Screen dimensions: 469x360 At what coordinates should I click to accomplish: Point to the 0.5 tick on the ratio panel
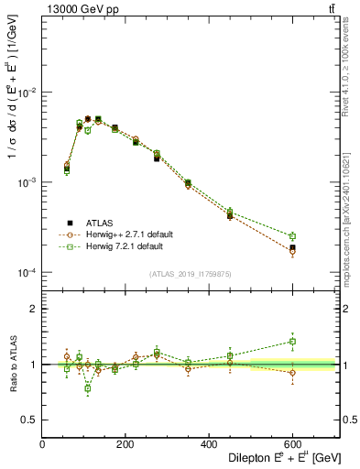pos(30,420)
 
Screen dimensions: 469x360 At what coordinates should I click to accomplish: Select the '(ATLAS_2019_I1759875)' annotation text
pos(190,272)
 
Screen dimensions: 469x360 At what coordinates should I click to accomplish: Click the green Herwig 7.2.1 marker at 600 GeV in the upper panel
pos(293,236)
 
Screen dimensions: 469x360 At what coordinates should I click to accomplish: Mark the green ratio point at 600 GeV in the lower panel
pos(293,342)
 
